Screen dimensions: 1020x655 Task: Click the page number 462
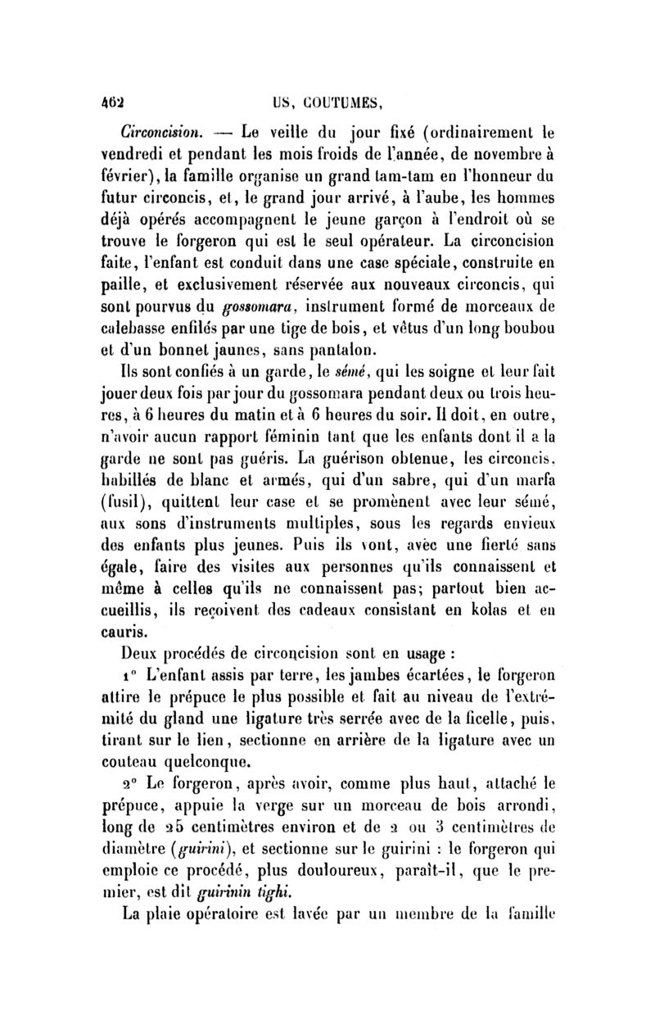[x=111, y=102]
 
